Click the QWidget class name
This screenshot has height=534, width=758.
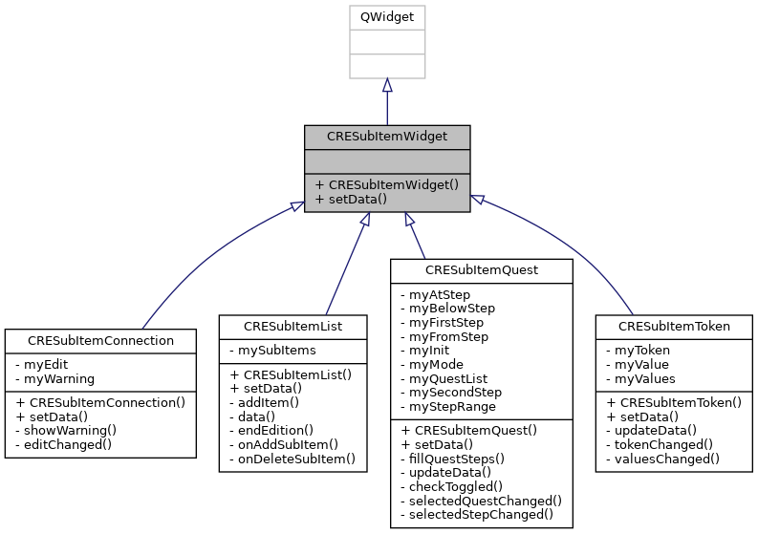pyautogui.click(x=387, y=17)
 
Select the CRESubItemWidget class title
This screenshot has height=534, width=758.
pyautogui.click(x=387, y=137)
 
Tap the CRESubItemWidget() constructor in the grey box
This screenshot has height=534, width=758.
pyautogui.click(x=387, y=185)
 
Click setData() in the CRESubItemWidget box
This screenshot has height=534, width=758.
pyautogui.click(x=351, y=200)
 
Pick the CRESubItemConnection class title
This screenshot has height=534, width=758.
pyautogui.click(x=100, y=340)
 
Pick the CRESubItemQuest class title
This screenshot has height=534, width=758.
pyautogui.click(x=482, y=270)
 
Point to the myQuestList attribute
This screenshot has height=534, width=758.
pyautogui.click(x=448, y=377)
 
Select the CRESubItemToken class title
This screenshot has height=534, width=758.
pyautogui.click(x=674, y=327)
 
